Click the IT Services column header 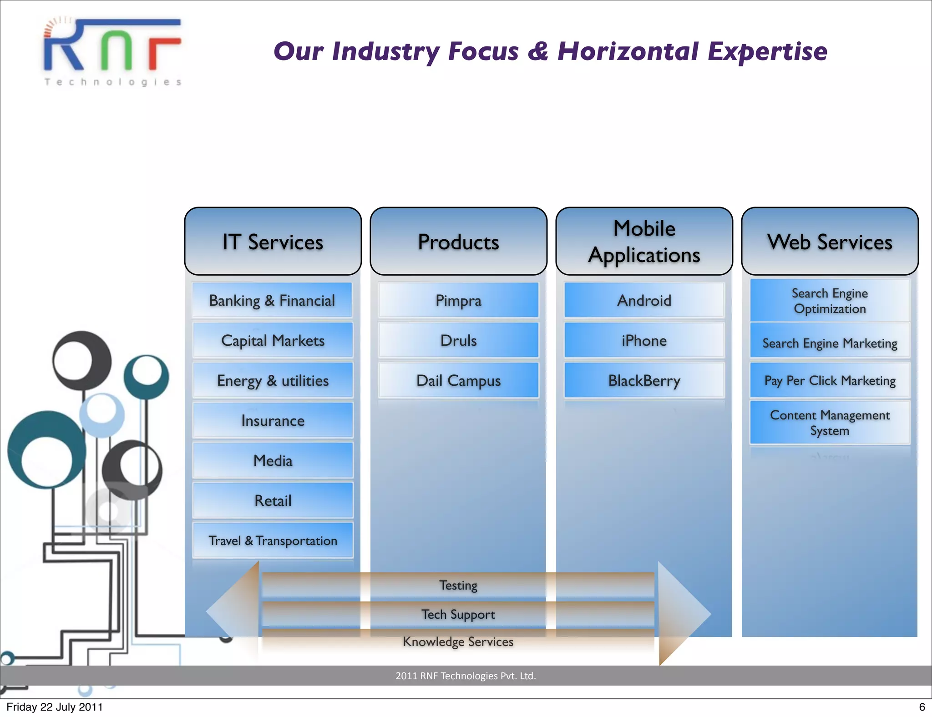click(x=273, y=242)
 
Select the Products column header click(x=458, y=242)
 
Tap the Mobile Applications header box click(x=644, y=242)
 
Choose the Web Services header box click(x=830, y=242)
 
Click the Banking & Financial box click(x=272, y=300)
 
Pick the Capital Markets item click(x=273, y=340)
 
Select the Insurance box click(x=273, y=420)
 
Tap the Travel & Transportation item click(x=273, y=540)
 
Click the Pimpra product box click(x=458, y=300)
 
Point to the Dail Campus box click(x=458, y=380)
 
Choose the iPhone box click(x=644, y=340)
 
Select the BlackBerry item click(x=644, y=380)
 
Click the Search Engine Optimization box click(x=830, y=301)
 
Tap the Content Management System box click(x=830, y=422)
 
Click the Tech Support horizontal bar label click(x=458, y=614)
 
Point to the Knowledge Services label click(x=458, y=641)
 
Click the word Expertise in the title click(x=767, y=51)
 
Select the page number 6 click(x=922, y=707)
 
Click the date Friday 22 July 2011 click(x=55, y=707)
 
